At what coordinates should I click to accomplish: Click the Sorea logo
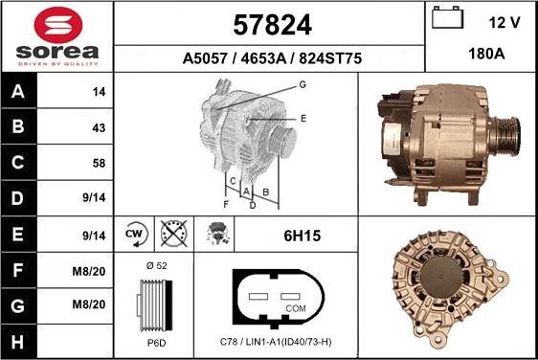pos(56,36)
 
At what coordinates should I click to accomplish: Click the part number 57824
pos(271,22)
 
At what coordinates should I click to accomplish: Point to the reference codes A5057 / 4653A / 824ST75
pos(272,58)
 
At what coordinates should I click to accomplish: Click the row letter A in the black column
pos(18,93)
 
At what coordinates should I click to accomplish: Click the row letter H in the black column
pos(18,342)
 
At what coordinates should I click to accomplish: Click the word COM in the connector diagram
pos(296,308)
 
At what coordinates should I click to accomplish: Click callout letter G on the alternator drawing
pos(302,85)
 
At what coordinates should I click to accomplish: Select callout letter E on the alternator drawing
pos(303,118)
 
